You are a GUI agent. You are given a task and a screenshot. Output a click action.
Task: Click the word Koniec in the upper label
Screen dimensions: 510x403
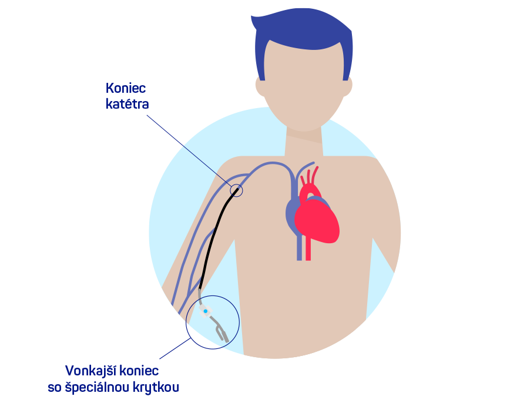(x=126, y=88)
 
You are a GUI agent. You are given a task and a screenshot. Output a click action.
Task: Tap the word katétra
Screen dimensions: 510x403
(x=127, y=104)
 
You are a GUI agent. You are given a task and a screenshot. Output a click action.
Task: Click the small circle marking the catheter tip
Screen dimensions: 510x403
(x=236, y=190)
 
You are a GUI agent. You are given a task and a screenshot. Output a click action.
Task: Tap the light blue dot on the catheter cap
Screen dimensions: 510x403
(x=205, y=311)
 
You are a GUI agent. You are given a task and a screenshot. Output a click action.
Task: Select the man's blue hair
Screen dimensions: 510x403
(x=303, y=32)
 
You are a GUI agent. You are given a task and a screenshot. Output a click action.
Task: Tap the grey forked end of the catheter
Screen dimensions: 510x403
(x=221, y=332)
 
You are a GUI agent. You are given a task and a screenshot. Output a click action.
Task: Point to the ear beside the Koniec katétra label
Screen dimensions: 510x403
(x=260, y=86)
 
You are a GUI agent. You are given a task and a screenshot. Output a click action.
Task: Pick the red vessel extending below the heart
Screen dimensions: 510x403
(x=308, y=249)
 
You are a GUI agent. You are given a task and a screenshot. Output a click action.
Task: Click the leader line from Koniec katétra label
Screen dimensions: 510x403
(x=190, y=151)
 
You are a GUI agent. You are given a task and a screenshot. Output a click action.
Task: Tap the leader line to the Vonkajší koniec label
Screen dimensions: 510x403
(x=175, y=348)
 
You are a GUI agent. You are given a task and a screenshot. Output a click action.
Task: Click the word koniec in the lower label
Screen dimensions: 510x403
(x=138, y=371)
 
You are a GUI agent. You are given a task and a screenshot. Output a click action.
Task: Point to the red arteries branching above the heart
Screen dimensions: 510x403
(x=310, y=180)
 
